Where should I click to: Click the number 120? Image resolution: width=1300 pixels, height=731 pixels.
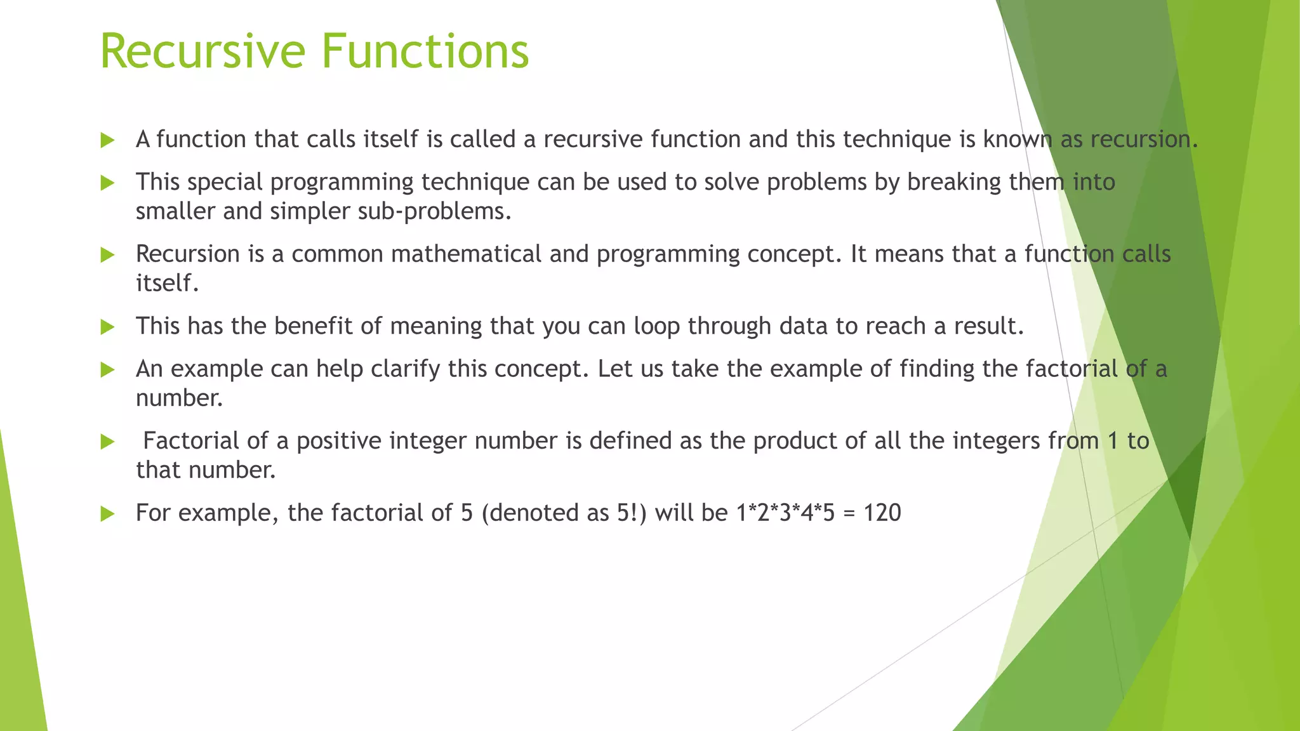pyautogui.click(x=882, y=513)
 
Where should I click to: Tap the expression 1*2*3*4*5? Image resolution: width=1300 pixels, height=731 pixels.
pyautogui.click(x=785, y=513)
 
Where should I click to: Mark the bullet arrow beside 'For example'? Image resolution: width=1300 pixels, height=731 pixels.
pyautogui.click(x=108, y=513)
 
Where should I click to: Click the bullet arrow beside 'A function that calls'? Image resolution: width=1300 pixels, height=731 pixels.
pyautogui.click(x=108, y=140)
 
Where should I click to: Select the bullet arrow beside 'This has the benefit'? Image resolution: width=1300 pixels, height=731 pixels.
pyautogui.click(x=108, y=327)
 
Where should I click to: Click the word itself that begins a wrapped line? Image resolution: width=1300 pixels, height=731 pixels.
pyautogui.click(x=166, y=283)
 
